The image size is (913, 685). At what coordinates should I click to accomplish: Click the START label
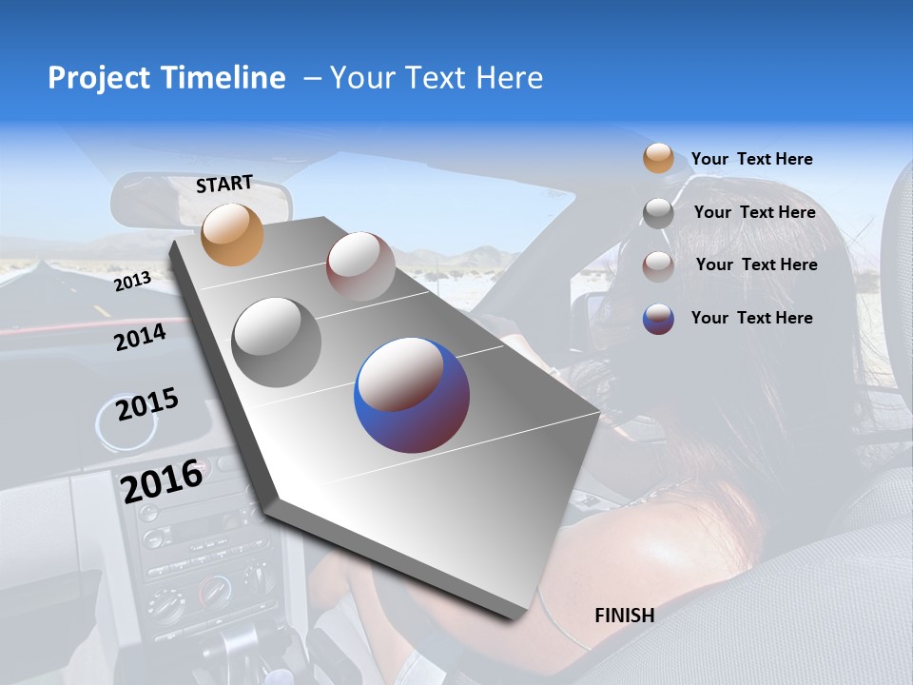(x=224, y=184)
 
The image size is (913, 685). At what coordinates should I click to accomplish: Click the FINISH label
(x=624, y=616)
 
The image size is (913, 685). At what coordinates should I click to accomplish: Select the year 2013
(x=132, y=282)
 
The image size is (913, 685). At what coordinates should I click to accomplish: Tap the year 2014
(x=140, y=337)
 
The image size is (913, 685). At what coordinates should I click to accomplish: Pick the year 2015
(x=146, y=404)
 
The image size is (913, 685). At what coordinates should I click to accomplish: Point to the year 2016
(x=162, y=480)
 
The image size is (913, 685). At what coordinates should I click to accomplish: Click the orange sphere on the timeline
(x=232, y=234)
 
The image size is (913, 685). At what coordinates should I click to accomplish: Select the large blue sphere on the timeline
(x=412, y=395)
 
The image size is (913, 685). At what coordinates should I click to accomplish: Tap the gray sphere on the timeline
(x=277, y=342)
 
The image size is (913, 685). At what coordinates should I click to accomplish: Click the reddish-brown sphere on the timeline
(x=360, y=266)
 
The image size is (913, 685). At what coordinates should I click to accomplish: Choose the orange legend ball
(x=658, y=159)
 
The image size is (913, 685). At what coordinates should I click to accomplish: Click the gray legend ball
(x=658, y=213)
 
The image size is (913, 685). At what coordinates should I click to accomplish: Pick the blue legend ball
(x=658, y=319)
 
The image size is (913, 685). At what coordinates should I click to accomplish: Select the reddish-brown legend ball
(x=658, y=265)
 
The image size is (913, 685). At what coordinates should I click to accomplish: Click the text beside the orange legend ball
(x=751, y=159)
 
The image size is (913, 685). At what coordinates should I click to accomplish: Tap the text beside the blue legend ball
(x=751, y=318)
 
